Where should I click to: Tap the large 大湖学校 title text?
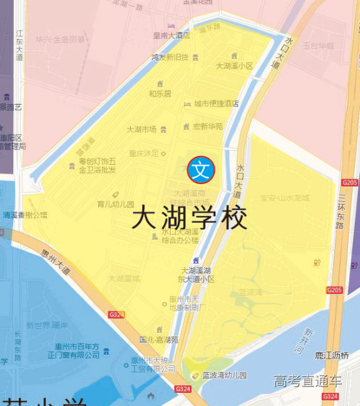tap(190, 219)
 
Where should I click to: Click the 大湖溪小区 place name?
tap(234, 66)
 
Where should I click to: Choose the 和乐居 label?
tap(160, 93)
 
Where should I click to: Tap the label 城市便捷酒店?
tap(216, 103)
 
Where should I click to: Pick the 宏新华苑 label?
tap(207, 126)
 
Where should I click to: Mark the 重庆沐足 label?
tap(144, 153)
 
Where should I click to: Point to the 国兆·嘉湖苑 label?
tap(158, 340)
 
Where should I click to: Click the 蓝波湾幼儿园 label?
tap(225, 375)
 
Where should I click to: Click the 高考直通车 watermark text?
tap(307, 381)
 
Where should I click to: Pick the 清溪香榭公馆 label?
tap(25, 214)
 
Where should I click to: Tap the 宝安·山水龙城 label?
tap(284, 198)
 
